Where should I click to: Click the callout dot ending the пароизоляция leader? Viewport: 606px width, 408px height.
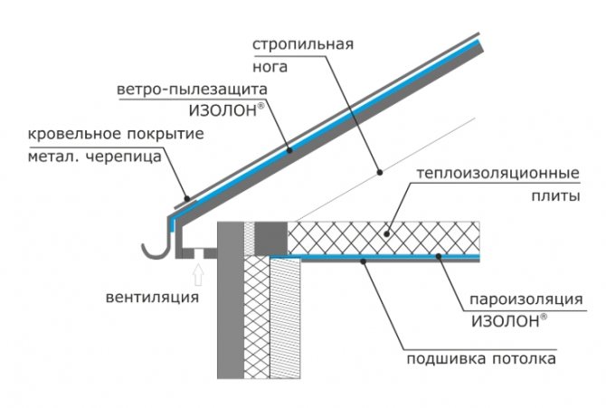438,258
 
